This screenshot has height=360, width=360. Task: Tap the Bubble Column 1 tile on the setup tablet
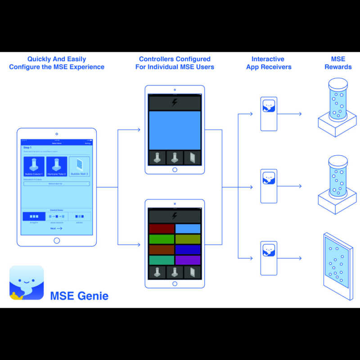point(34,166)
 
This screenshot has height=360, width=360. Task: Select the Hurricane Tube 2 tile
point(57,166)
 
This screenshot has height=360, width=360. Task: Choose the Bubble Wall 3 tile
point(79,166)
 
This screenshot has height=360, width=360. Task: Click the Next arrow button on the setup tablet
point(56,229)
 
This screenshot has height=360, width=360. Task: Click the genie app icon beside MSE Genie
point(27,283)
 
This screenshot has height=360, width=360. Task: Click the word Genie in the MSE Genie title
point(93,296)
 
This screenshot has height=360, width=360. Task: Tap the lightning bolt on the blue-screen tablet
point(175,103)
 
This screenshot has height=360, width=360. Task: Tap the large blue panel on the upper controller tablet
point(175,130)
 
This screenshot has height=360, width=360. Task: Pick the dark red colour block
point(161,229)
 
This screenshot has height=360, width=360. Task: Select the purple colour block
point(188,260)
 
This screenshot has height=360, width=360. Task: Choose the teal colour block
point(161,260)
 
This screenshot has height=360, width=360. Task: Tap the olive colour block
point(188,239)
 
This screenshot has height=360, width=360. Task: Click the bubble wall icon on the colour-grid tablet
point(192,272)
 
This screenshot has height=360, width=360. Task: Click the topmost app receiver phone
point(269,114)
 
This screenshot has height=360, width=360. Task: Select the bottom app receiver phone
point(269,258)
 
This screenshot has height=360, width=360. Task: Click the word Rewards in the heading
point(338,67)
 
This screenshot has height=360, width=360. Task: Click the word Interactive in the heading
point(269,59)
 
